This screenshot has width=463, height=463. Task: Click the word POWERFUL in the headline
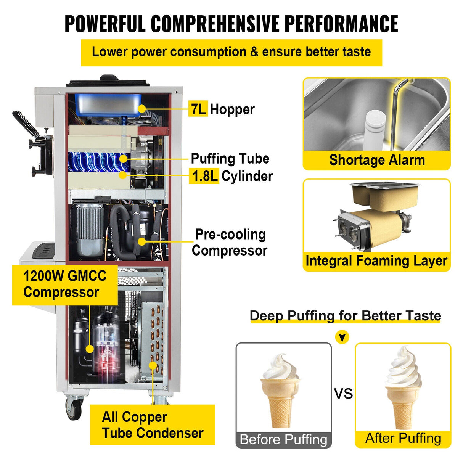pyautogui.click(x=105, y=24)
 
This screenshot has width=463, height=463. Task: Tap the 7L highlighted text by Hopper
pyautogui.click(x=198, y=109)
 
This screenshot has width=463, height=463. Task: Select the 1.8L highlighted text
pyautogui.click(x=204, y=177)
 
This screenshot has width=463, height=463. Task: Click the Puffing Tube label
pyautogui.click(x=230, y=159)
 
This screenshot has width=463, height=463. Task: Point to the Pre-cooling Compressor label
pyautogui.click(x=230, y=243)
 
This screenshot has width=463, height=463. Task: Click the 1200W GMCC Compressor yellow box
pyautogui.click(x=65, y=285)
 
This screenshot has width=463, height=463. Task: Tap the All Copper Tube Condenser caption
pyautogui.click(x=153, y=425)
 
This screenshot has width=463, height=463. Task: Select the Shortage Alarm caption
pyautogui.click(x=377, y=160)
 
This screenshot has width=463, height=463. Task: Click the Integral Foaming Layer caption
pyautogui.click(x=376, y=261)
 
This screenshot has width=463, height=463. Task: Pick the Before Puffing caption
pyautogui.click(x=283, y=439)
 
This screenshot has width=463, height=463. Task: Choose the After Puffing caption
pyautogui.click(x=403, y=439)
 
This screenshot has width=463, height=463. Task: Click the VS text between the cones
pyautogui.click(x=343, y=394)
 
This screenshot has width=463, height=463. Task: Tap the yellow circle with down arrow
pyautogui.click(x=342, y=337)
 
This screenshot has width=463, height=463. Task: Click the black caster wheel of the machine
pyautogui.click(x=73, y=409)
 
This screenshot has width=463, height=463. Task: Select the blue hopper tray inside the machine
pyautogui.click(x=108, y=104)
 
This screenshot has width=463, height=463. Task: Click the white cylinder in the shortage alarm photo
pyautogui.click(x=373, y=130)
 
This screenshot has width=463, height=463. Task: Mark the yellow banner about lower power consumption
pyautogui.click(x=231, y=52)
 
